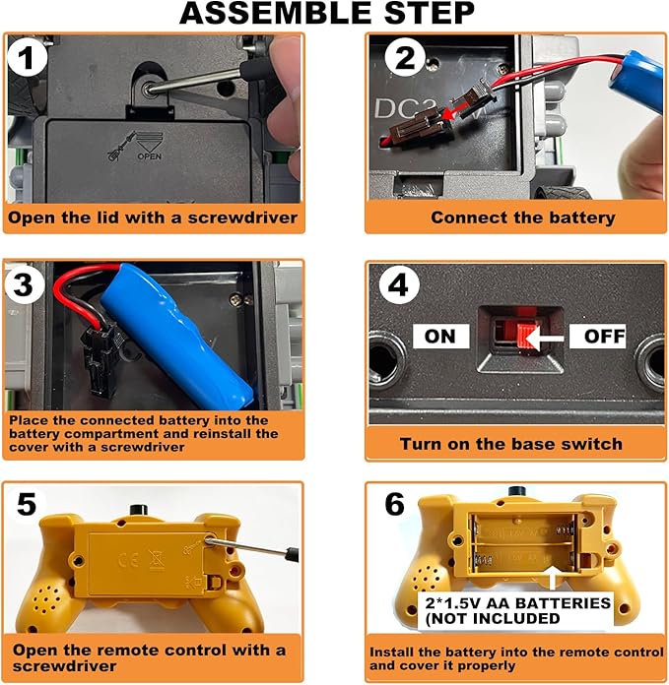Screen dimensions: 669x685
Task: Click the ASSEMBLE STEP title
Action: click(327, 13)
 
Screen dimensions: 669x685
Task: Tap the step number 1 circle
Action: click(28, 58)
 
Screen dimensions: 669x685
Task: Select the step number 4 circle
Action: click(398, 285)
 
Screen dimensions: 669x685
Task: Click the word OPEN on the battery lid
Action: click(149, 156)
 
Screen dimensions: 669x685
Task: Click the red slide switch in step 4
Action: click(526, 337)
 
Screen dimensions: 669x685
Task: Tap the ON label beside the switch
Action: click(440, 336)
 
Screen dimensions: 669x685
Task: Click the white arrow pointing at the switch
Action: click(545, 339)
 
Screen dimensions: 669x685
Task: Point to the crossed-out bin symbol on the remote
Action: click(157, 560)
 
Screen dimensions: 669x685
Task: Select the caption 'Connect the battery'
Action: click(523, 218)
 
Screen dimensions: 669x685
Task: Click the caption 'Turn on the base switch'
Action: click(511, 444)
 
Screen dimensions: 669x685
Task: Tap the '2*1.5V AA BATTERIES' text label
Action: click(517, 603)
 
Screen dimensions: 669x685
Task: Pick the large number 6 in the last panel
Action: click(395, 505)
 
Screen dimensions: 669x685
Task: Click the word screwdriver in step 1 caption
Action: click(242, 218)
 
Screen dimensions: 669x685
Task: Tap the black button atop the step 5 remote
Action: click(140, 510)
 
